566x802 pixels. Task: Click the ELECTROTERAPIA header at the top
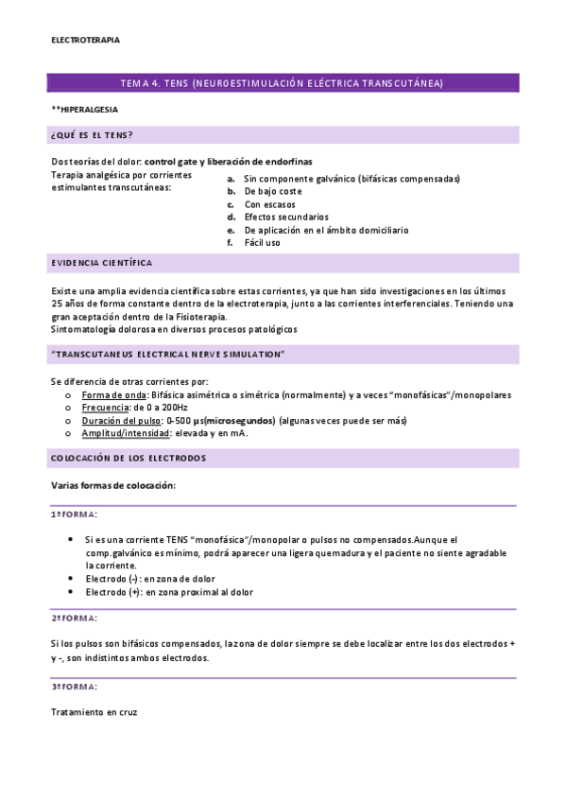(85, 40)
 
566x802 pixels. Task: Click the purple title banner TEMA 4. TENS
(283, 83)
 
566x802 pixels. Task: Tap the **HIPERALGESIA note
(84, 109)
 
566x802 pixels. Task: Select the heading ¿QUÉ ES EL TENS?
(92, 135)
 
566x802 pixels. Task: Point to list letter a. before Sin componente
(231, 178)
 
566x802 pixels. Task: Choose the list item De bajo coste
(273, 191)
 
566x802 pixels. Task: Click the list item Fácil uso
(262, 242)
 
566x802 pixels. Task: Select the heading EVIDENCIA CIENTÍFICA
(102, 263)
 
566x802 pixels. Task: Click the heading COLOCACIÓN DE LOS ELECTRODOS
(128, 459)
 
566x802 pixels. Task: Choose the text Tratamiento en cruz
(94, 711)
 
